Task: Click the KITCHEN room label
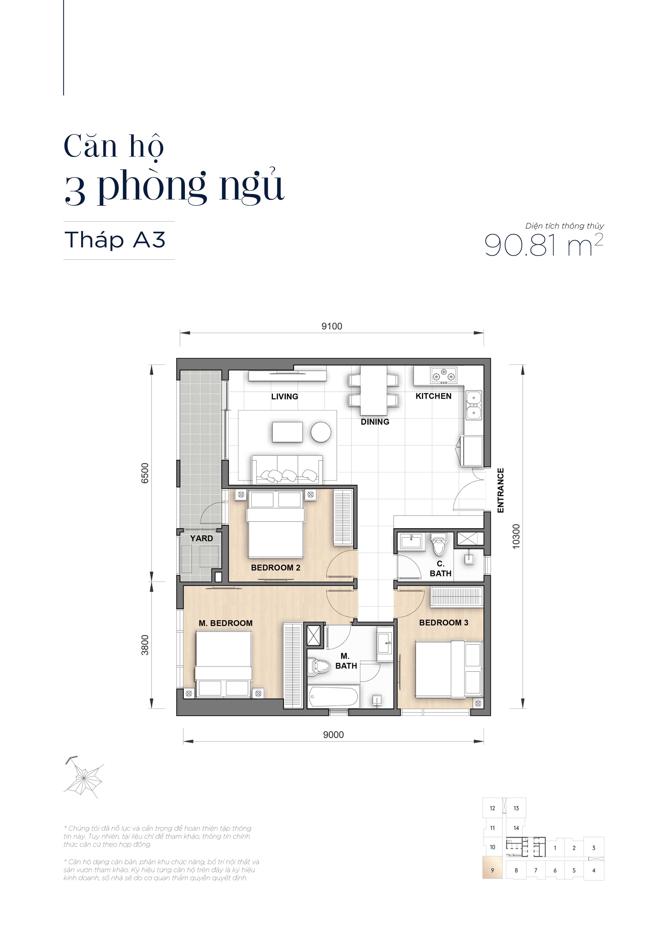pyautogui.click(x=433, y=396)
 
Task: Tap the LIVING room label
pyautogui.click(x=284, y=396)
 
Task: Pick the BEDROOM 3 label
pyautogui.click(x=444, y=622)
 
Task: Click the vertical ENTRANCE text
pyautogui.click(x=500, y=490)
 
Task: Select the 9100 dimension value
pyautogui.click(x=332, y=326)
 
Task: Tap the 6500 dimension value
pyautogui.click(x=145, y=473)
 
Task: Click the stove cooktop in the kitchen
pyautogui.click(x=444, y=375)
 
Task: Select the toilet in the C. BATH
pyautogui.click(x=439, y=544)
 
